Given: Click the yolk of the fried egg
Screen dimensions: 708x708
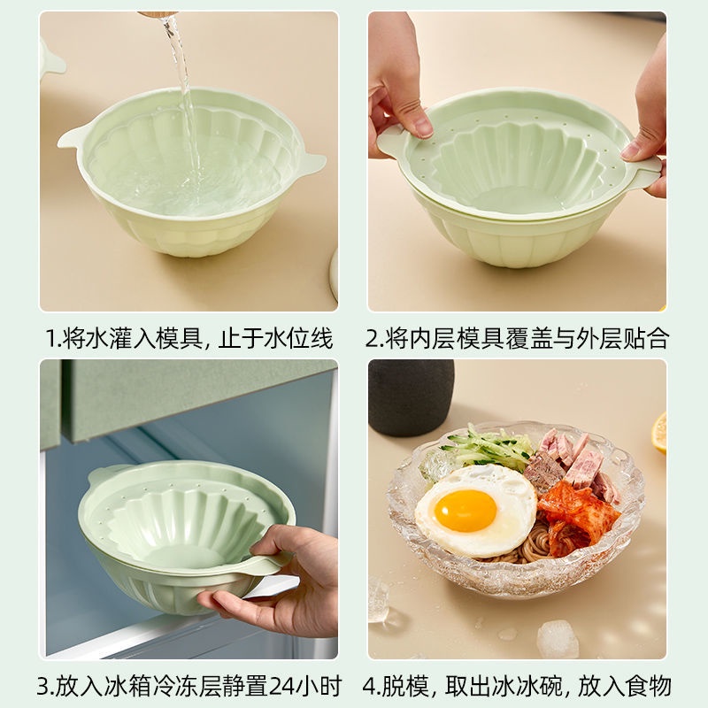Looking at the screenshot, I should [466, 510].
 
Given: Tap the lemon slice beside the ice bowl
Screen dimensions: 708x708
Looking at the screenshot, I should [659, 432].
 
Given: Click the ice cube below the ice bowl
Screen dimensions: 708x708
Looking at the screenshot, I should [558, 639].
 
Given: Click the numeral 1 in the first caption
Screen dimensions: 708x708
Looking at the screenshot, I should [51, 338].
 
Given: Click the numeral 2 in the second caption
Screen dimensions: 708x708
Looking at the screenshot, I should [374, 338].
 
